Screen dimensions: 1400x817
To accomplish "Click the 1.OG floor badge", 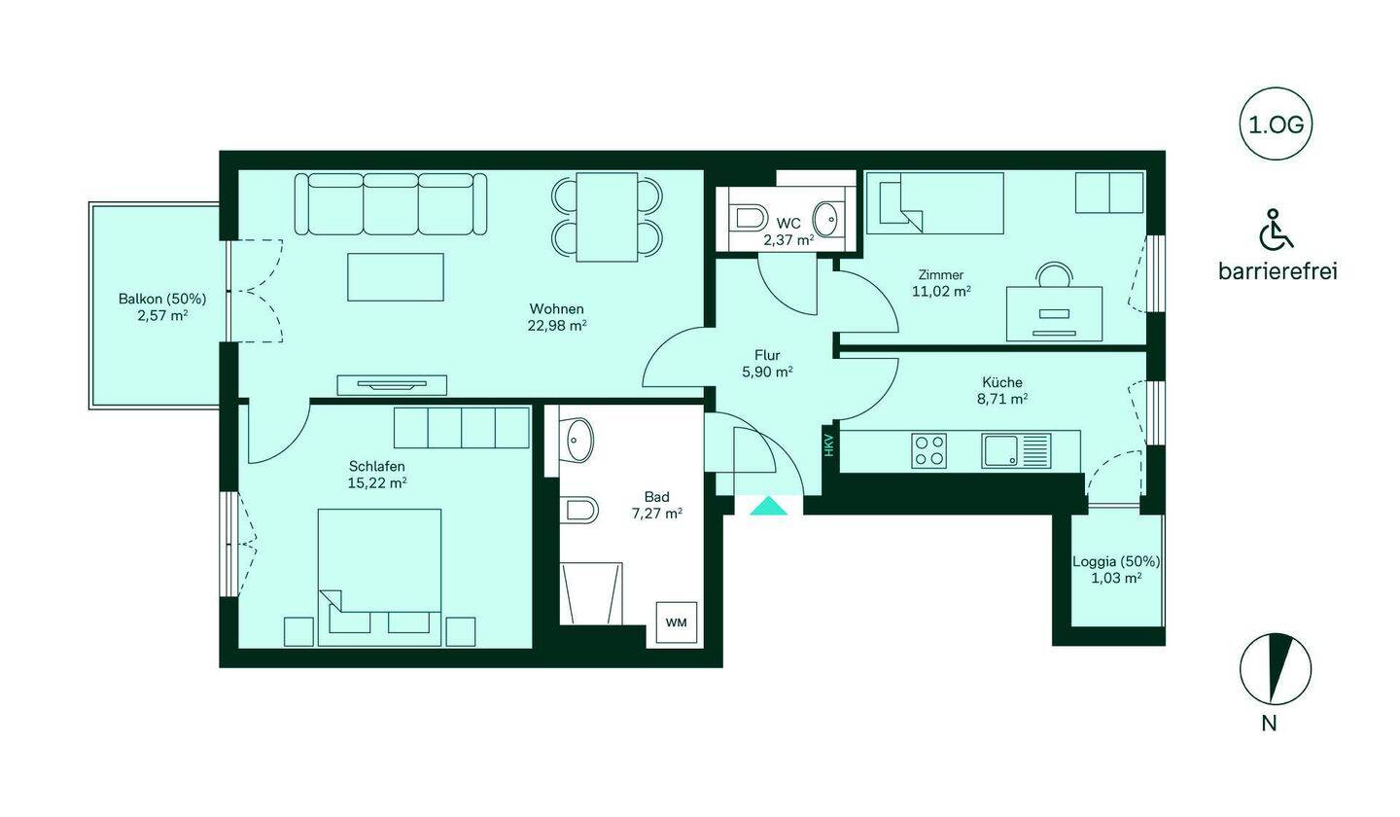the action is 1275,124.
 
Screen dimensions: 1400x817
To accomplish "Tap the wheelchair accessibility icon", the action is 1276,229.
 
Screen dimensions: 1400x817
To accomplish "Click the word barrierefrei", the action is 1277,271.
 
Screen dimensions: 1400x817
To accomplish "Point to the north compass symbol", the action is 1275,669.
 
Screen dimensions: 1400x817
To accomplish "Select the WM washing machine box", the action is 677,622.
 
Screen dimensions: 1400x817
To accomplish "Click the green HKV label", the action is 828,445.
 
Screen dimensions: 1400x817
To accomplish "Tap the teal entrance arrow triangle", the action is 768,506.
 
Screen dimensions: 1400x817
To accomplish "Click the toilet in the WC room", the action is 749,220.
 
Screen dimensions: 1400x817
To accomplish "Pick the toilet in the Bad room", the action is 579,510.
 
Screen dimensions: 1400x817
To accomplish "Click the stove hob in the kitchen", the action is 928,450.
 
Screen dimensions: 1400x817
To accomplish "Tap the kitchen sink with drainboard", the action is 1016,450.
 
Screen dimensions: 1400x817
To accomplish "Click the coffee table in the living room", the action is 396,277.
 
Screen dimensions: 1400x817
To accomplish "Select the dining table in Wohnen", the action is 607,217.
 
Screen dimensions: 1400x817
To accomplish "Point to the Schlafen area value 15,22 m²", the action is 377,482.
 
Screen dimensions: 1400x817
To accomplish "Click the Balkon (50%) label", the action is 162,299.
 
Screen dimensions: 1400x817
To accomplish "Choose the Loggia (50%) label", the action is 1116,561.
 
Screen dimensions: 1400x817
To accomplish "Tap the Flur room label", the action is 767,355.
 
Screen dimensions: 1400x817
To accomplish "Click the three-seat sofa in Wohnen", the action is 391,204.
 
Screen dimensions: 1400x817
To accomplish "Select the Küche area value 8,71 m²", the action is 1002,398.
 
